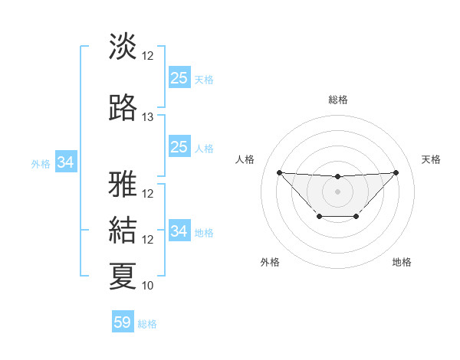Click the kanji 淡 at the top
tap(123, 46)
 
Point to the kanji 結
tap(123, 229)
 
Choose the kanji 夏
tap(123, 276)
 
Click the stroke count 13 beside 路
tap(148, 117)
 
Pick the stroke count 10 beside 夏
tap(148, 286)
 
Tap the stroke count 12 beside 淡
tap(148, 55)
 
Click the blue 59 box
tap(123, 322)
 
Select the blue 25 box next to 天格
tap(179, 77)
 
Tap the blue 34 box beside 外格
tap(66, 162)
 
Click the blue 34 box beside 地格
tap(179, 231)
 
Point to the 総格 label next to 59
tap(147, 324)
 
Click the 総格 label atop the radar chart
tap(337, 100)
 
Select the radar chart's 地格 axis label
tap(402, 263)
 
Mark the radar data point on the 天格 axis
tap(396, 172)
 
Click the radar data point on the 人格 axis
tap(279, 172)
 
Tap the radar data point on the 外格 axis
tap(319, 218)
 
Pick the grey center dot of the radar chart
tap(337, 191)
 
